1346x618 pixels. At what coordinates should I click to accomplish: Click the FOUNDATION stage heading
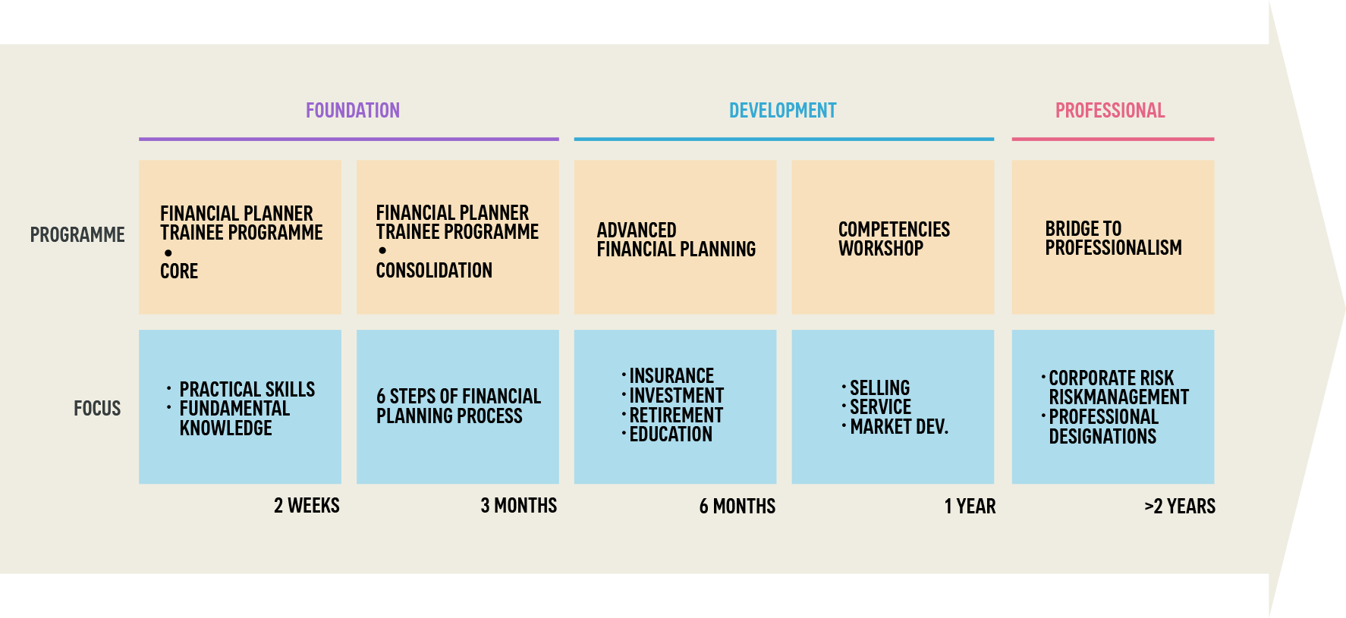pyautogui.click(x=353, y=111)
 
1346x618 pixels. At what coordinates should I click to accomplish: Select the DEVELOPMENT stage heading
pyautogui.click(x=783, y=111)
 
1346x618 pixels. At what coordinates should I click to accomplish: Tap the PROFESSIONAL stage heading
pyautogui.click(x=1110, y=111)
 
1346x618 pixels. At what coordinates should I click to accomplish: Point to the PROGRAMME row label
pyautogui.click(x=77, y=235)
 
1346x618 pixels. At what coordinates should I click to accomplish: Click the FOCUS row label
pyautogui.click(x=97, y=409)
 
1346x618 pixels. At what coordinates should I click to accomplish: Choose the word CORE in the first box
pyautogui.click(x=179, y=271)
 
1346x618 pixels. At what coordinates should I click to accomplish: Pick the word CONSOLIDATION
pyautogui.click(x=434, y=271)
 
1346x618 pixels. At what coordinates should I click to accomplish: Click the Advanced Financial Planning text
pyautogui.click(x=676, y=240)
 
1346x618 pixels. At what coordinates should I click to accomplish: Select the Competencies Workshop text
pyautogui.click(x=894, y=239)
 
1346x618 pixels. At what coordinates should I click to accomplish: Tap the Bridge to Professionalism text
pyautogui.click(x=1113, y=238)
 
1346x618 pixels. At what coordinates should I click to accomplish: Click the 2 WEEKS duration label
pyautogui.click(x=307, y=506)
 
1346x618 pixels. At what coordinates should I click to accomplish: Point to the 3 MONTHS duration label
pyautogui.click(x=519, y=506)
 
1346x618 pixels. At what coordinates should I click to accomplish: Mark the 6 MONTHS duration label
pyautogui.click(x=737, y=507)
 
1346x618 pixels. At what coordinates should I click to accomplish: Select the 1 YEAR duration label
pyautogui.click(x=970, y=507)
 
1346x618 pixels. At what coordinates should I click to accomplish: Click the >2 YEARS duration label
pyautogui.click(x=1180, y=507)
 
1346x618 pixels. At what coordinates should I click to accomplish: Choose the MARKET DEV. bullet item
pyautogui.click(x=896, y=427)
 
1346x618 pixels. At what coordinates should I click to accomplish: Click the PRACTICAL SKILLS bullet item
pyautogui.click(x=241, y=390)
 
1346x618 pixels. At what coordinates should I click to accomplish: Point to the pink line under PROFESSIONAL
pyautogui.click(x=1113, y=140)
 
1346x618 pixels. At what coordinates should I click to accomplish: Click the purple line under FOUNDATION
pyautogui.click(x=349, y=140)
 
